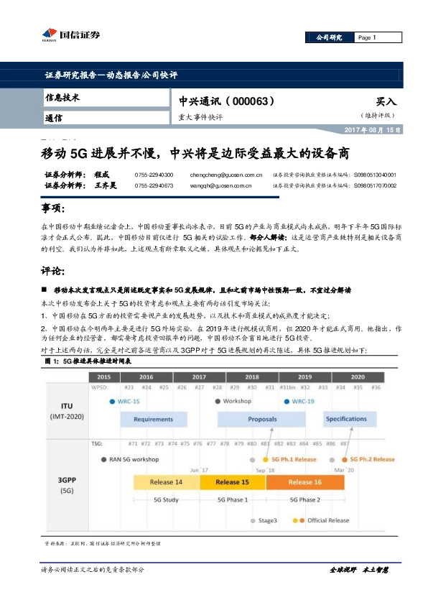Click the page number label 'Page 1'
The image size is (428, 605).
(366, 37)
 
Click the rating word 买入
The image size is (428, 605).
(386, 102)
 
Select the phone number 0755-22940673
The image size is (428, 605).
(154, 185)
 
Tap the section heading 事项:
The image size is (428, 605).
(54, 208)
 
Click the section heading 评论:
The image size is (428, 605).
(54, 272)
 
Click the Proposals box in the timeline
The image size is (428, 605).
(263, 419)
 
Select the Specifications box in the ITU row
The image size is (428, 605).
(345, 419)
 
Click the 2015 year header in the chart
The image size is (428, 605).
(103, 377)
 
